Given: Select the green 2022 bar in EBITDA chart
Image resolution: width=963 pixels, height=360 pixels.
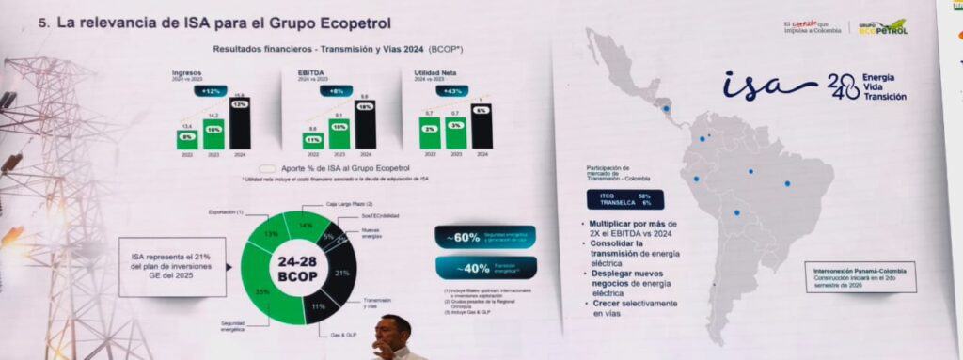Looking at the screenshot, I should pyautogui.click(x=312, y=138).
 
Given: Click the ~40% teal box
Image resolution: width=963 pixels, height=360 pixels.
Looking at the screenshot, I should pyautogui.click(x=485, y=267).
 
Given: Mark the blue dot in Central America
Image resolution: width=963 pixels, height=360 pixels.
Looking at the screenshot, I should pyautogui.click(x=666, y=108).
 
